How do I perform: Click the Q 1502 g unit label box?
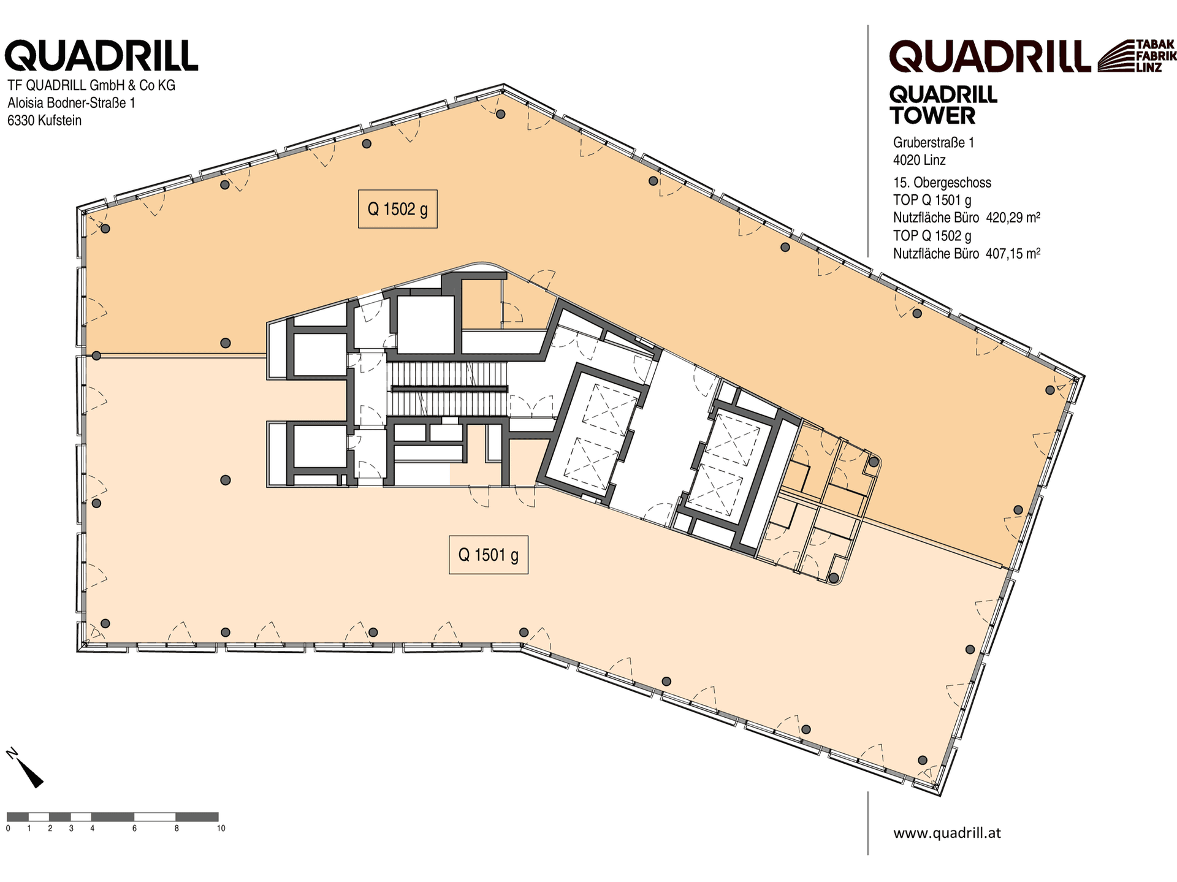(x=397, y=209)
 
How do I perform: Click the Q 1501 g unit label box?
(x=489, y=555)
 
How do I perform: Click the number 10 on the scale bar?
(x=221, y=829)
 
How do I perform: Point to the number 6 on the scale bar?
(x=134, y=829)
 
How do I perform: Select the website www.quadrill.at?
(x=947, y=833)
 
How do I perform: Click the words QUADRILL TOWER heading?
(x=943, y=105)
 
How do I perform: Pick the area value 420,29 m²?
(x=1013, y=218)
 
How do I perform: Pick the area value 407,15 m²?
(x=1013, y=253)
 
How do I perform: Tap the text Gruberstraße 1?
(x=934, y=143)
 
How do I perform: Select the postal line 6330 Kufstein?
(x=44, y=121)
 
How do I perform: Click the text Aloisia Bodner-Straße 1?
(x=71, y=103)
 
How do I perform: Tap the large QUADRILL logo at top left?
(x=101, y=56)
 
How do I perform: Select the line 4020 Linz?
(x=920, y=161)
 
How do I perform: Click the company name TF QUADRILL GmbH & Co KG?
(x=91, y=85)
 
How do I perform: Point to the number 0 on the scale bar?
(x=8, y=829)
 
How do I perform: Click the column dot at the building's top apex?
(x=501, y=114)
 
